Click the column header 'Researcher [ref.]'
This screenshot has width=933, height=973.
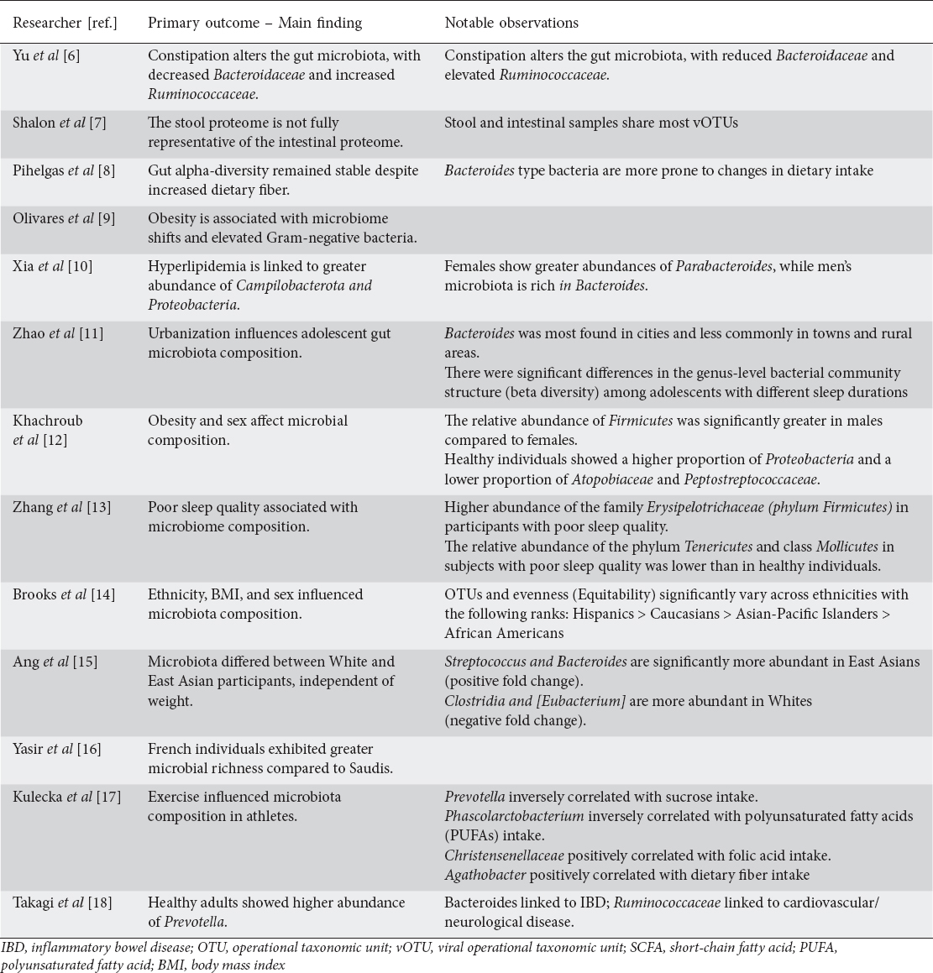(x=65, y=23)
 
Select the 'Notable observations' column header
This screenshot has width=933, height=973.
(x=511, y=23)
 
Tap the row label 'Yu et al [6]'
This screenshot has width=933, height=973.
(x=46, y=56)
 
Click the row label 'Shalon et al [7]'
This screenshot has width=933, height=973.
(x=58, y=123)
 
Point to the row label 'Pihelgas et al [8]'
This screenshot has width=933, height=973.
(x=64, y=170)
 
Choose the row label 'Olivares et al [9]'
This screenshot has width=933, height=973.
(x=64, y=218)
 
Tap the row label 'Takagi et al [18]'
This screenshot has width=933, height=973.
(x=62, y=903)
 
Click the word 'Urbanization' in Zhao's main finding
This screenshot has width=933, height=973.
(x=187, y=333)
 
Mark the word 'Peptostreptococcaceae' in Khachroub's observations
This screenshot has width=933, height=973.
(x=750, y=479)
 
